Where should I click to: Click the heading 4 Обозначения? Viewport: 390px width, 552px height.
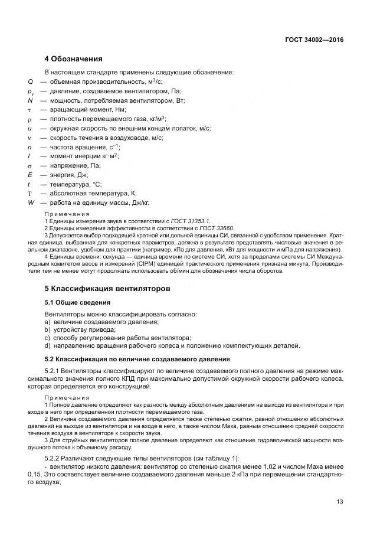pyautogui.click(x=74, y=59)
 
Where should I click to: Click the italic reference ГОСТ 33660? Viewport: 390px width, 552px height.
pyautogui.click(x=216, y=228)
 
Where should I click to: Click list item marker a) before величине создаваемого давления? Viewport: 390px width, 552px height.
pyautogui.click(x=48, y=322)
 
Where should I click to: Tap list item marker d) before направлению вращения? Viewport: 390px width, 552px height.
pyautogui.click(x=48, y=346)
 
